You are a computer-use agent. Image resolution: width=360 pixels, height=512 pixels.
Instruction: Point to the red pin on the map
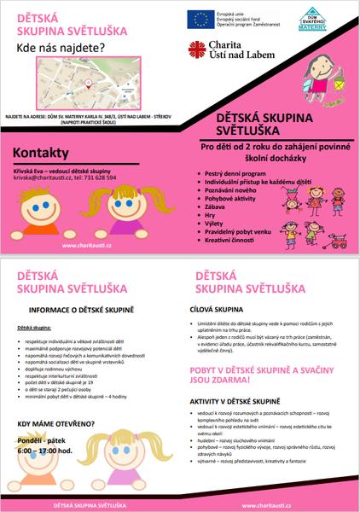click(88, 83)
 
